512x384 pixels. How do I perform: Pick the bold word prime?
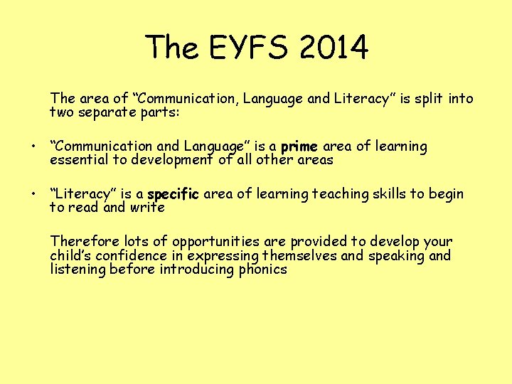299,147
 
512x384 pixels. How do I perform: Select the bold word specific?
174,195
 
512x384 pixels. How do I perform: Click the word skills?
381,194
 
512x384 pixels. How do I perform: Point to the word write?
146,208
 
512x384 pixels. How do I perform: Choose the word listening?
78,270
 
